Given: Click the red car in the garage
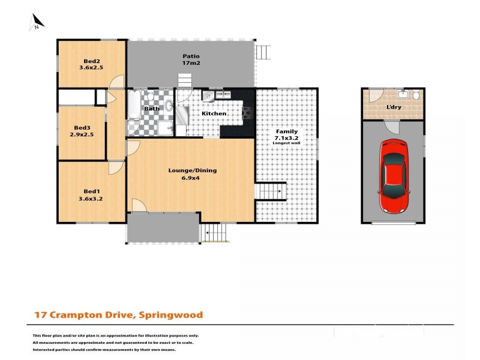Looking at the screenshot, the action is (394, 176).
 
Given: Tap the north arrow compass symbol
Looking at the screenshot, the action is (37, 22).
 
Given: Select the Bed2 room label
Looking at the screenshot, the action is (92, 61).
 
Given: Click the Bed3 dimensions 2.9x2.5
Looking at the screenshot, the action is (82, 134).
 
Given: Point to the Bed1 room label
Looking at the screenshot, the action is (92, 191).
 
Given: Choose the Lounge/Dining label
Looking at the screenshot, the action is (193, 170).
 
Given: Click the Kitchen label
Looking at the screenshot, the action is (214, 113).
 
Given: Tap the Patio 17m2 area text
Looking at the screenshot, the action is (191, 59).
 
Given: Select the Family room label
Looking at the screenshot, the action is (287, 131).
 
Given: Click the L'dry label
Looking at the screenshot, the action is (394, 107).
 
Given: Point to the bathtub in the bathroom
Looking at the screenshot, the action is (134, 104).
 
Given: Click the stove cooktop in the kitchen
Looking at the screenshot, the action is (248, 113).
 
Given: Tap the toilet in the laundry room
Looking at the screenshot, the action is (416, 95).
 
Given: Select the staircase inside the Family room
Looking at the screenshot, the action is (271, 191).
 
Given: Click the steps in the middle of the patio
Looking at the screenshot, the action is (185, 81).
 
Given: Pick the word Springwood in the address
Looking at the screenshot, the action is (171, 315).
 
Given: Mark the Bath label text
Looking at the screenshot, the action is (152, 109).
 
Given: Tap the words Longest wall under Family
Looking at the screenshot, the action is (286, 143).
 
